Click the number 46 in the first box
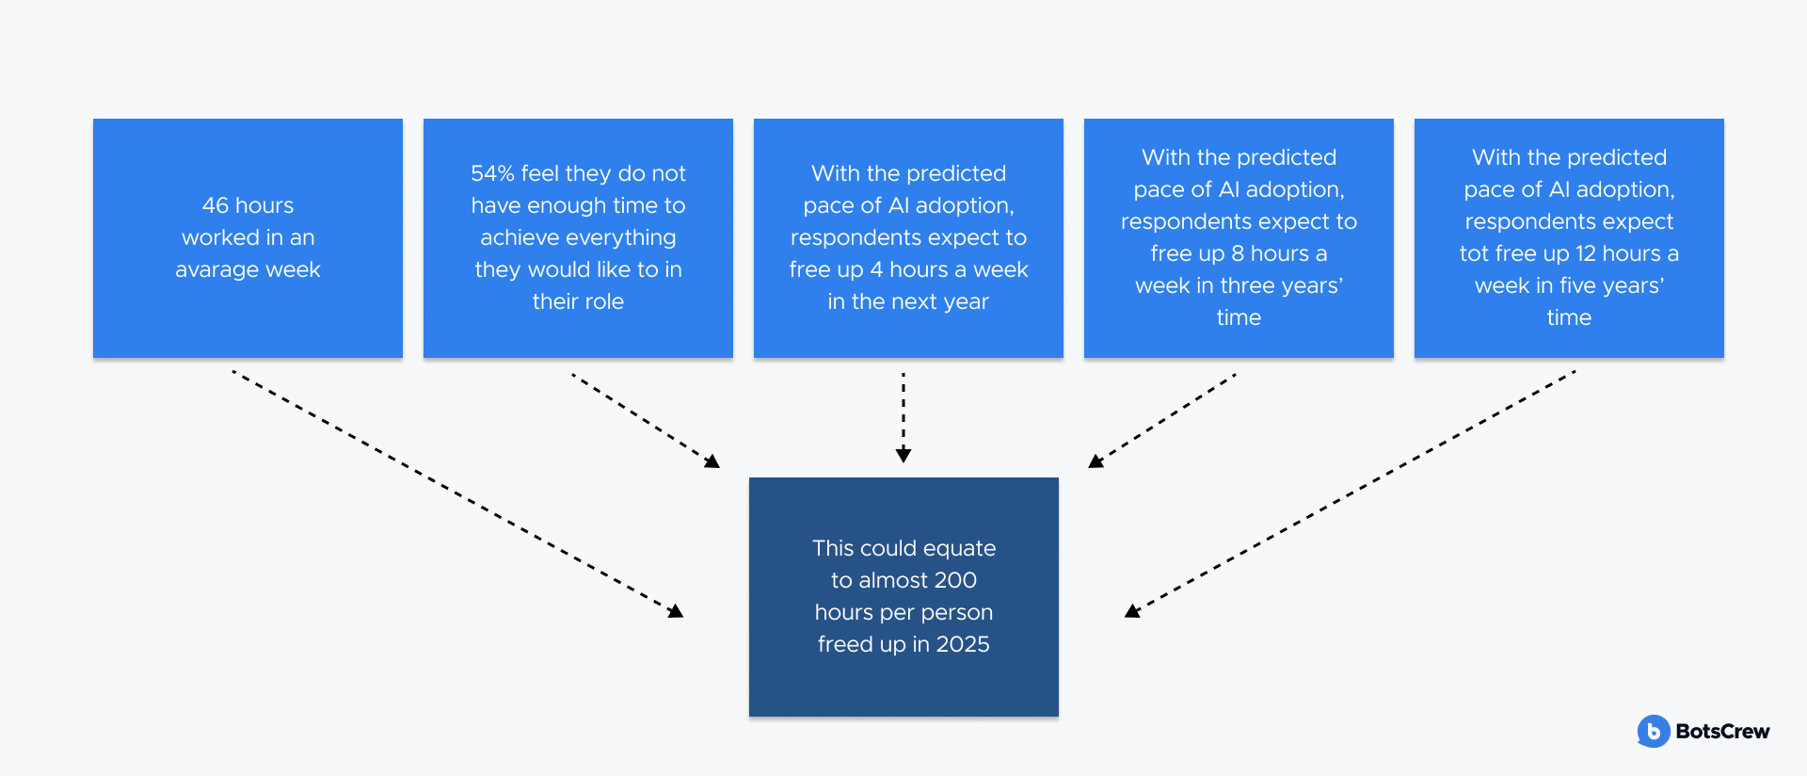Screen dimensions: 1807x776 [216, 205]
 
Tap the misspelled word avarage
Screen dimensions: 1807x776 [216, 270]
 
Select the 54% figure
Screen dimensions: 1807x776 [492, 173]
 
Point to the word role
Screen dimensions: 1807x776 [603, 301]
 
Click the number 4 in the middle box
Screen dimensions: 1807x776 [876, 269]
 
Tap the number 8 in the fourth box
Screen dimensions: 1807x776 [1238, 253]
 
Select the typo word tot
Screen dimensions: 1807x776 [1474, 254]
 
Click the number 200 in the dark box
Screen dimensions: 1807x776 [956, 580]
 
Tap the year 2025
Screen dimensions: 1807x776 [963, 644]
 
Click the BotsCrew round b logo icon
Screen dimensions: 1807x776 [1654, 732]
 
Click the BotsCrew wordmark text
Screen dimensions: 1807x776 [1722, 732]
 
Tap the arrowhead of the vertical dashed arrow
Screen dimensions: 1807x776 [903, 456]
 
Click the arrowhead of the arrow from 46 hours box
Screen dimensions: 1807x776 [677, 612]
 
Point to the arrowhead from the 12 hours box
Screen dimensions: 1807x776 [1132, 611]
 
